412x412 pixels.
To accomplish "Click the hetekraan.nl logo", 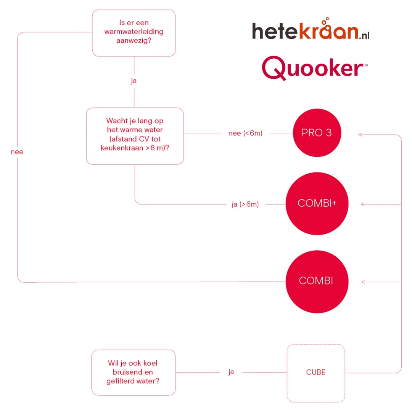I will pyautogui.click(x=311, y=31).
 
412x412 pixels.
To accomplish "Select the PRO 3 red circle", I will pyautogui.click(x=316, y=134).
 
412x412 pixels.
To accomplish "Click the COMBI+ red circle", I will pyautogui.click(x=317, y=204).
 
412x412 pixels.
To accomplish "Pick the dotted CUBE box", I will pyautogui.click(x=316, y=373).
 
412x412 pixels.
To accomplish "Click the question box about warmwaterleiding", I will pyautogui.click(x=134, y=33).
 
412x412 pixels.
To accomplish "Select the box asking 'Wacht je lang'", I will pyautogui.click(x=135, y=135).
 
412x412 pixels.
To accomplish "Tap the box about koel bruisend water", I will pyautogui.click(x=134, y=372).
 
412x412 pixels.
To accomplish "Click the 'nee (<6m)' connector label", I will pyautogui.click(x=245, y=134).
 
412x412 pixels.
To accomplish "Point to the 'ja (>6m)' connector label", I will pyautogui.click(x=245, y=204).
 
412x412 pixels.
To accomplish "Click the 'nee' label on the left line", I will pyautogui.click(x=17, y=152).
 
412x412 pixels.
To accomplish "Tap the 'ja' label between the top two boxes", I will pyautogui.click(x=134, y=81).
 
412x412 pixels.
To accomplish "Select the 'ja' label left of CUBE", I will pyautogui.click(x=231, y=372).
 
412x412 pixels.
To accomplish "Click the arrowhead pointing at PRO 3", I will pyautogui.click(x=360, y=134).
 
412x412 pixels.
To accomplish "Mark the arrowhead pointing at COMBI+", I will pyautogui.click(x=362, y=204).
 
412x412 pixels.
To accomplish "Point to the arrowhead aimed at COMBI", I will pyautogui.click(x=363, y=282).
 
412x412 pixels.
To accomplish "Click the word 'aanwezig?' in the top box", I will pyautogui.click(x=134, y=40).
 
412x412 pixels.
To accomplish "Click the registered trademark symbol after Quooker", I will pyautogui.click(x=366, y=66).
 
